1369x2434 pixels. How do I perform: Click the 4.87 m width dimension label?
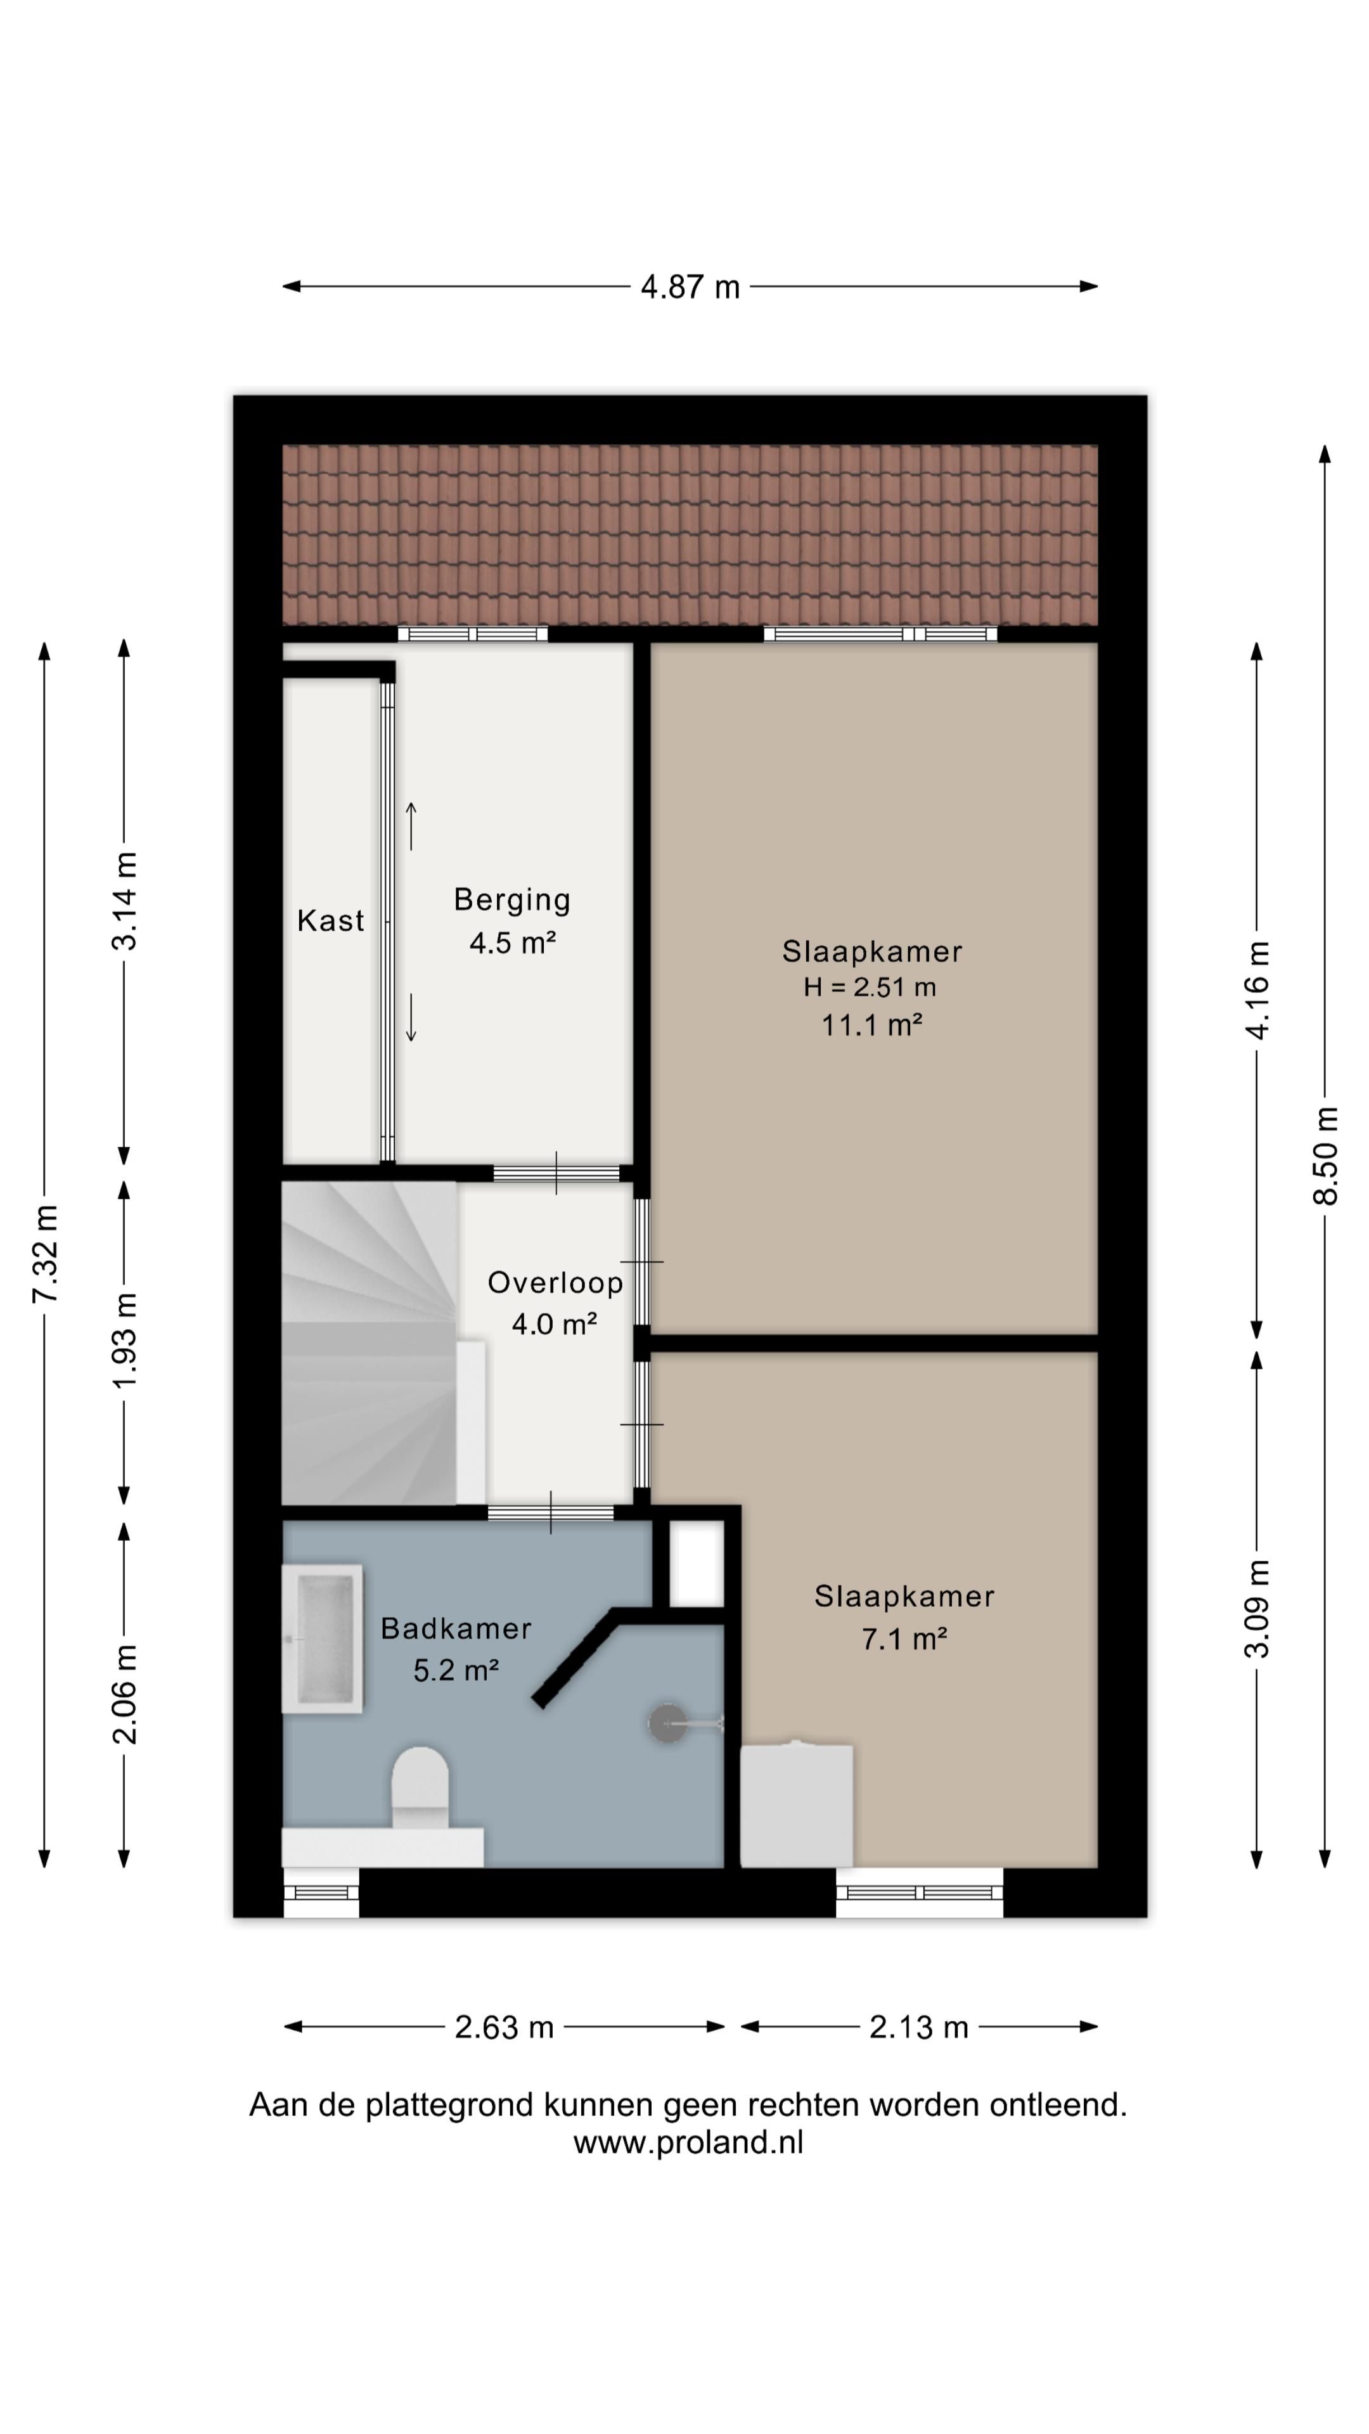point(690,287)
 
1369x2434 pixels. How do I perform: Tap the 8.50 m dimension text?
point(1325,1156)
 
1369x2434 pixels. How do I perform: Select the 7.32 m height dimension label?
point(44,1254)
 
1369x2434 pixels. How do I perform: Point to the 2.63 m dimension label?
point(504,2027)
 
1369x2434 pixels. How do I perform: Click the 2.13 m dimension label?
point(918,2027)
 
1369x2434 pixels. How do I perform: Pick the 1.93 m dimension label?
point(124,1340)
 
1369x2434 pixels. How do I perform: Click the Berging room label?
point(512,899)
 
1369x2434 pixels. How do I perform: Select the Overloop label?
point(555,1282)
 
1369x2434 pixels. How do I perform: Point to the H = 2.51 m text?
point(869,988)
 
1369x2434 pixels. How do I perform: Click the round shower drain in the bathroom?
point(667,1723)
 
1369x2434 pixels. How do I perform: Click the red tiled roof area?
point(690,535)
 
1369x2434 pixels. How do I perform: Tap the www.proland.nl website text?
point(688,2142)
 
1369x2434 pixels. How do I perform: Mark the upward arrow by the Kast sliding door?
point(411,825)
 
